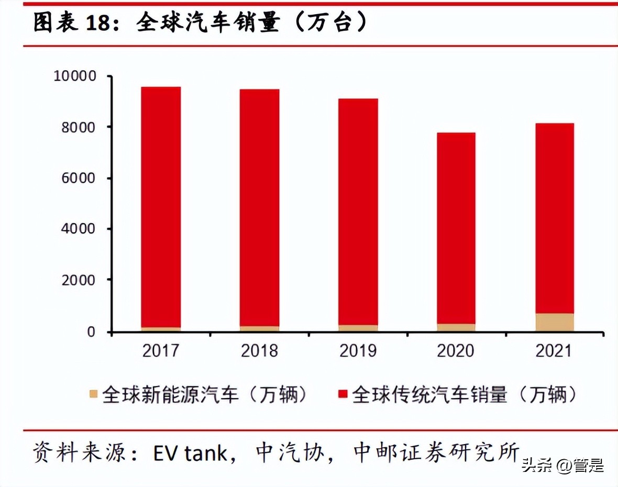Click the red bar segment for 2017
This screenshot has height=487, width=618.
161,207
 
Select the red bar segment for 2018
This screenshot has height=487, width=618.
260,208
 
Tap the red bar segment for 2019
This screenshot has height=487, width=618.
358,212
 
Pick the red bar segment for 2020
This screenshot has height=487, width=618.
456,228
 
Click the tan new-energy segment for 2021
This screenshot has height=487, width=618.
555,322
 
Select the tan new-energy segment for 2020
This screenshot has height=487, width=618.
456,327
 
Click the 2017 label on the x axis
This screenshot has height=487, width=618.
161,350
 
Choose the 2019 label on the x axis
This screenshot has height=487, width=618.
358,350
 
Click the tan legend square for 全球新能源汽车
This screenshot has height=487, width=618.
94,394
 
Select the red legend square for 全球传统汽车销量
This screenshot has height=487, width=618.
343,394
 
